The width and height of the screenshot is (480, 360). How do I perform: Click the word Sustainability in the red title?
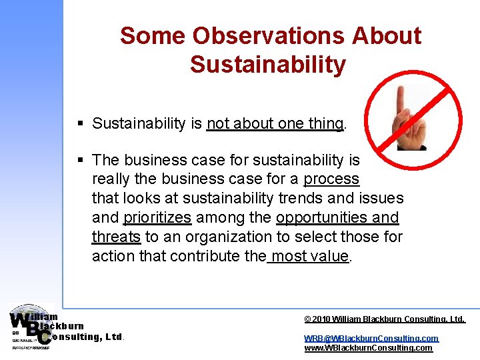[268, 65]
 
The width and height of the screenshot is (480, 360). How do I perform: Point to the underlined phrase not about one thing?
[275, 123]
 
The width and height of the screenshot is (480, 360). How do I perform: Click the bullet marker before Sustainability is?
[80, 123]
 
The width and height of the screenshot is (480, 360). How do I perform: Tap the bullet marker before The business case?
[80, 160]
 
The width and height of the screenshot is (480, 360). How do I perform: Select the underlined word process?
[331, 179]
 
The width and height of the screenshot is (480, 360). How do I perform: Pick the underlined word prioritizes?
[157, 217]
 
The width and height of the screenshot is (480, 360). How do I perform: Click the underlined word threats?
[116, 237]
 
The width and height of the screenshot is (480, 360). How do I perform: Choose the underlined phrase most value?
[309, 256]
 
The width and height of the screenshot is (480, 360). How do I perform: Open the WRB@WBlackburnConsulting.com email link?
[371, 338]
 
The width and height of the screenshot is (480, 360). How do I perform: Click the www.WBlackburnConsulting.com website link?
[368, 347]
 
